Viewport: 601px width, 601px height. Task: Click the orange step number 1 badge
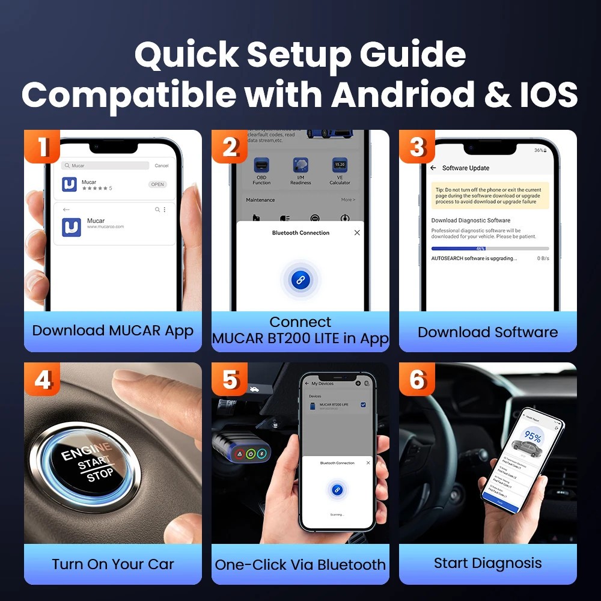pyautogui.click(x=42, y=147)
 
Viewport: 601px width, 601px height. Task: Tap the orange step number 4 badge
pyautogui.click(x=42, y=379)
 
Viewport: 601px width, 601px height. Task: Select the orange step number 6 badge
pyautogui.click(x=417, y=379)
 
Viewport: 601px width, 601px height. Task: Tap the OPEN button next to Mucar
pyautogui.click(x=158, y=185)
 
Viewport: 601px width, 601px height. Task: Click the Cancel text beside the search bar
pyautogui.click(x=162, y=165)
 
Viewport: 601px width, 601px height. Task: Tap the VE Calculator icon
pyautogui.click(x=340, y=165)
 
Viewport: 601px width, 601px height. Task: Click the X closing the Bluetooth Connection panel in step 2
pyautogui.click(x=357, y=233)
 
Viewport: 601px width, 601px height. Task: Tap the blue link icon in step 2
pyautogui.click(x=300, y=279)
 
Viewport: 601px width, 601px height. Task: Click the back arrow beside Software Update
pyautogui.click(x=433, y=168)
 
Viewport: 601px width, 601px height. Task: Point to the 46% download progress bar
pyautogui.click(x=490, y=248)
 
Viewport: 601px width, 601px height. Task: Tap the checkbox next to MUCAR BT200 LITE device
pyautogui.click(x=363, y=406)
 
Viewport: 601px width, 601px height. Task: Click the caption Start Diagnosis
pyautogui.click(x=487, y=563)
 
